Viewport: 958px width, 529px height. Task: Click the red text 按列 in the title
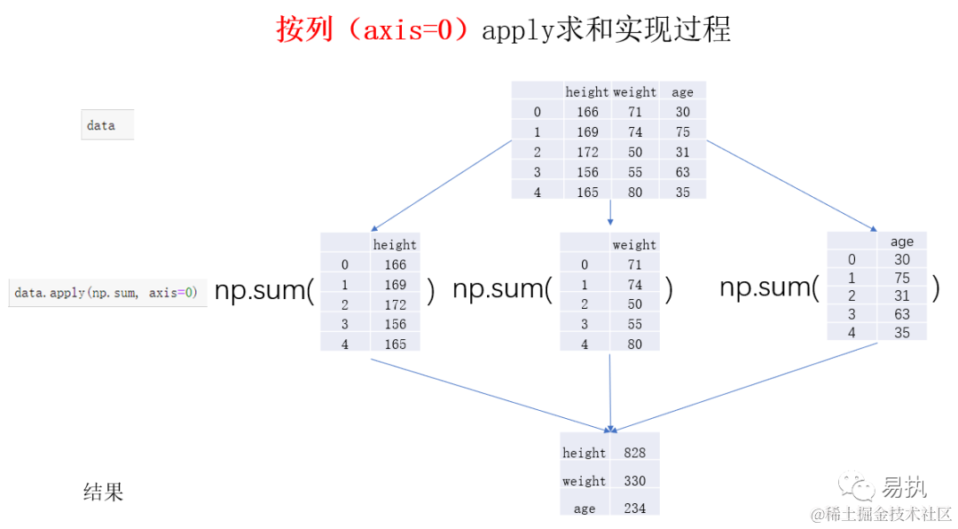[x=304, y=29]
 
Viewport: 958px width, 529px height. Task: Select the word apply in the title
[x=518, y=30]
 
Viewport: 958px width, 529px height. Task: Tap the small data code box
[x=106, y=125]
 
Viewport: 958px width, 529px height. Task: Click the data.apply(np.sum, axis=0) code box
[x=107, y=292]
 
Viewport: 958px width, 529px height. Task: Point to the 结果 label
[x=103, y=492]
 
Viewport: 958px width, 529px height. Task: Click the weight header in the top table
[x=634, y=91]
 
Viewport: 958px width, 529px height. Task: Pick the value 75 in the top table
[x=682, y=131]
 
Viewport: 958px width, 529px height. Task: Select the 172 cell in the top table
[x=587, y=152]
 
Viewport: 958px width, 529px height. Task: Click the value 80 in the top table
[x=634, y=192]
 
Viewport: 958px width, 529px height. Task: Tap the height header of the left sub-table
[x=395, y=244]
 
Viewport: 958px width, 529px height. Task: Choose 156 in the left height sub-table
[x=395, y=324]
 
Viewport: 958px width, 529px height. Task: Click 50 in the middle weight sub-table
[x=634, y=304]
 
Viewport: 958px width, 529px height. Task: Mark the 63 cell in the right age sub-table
[x=901, y=313]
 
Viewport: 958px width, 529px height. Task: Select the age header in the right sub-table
[x=901, y=241]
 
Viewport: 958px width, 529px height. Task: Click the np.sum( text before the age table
[x=768, y=287]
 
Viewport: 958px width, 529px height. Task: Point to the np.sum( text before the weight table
[x=502, y=289]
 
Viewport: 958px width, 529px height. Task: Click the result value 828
[x=634, y=453]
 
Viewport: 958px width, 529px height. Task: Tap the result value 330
[x=634, y=481]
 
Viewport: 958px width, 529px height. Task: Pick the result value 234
[x=634, y=509]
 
